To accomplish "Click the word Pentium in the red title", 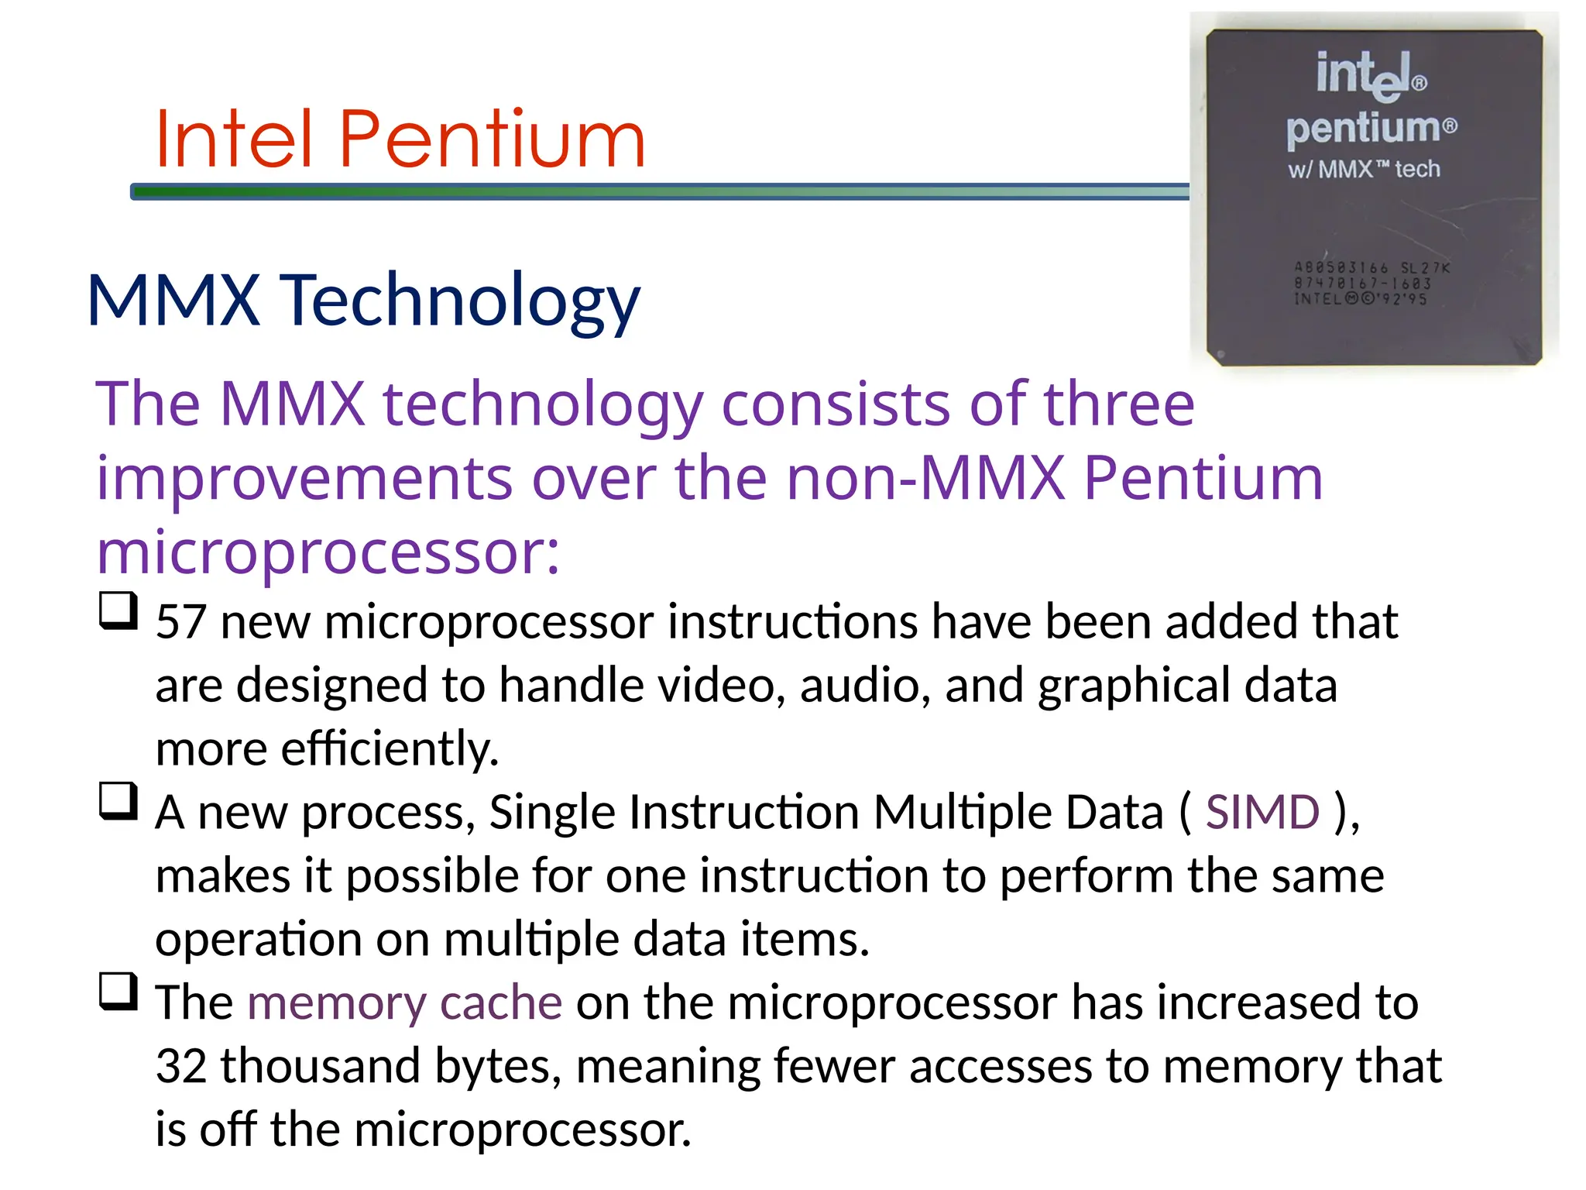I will [x=492, y=139].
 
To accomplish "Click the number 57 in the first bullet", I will [x=181, y=622].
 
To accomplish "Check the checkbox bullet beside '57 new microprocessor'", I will [x=118, y=610].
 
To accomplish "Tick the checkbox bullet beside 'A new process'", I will [x=118, y=801].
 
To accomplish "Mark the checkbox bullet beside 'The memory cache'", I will [x=118, y=992].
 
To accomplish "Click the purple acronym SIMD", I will [x=1262, y=813].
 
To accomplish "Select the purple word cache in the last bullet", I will [x=500, y=1003].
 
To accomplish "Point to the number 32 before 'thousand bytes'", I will [x=181, y=1067].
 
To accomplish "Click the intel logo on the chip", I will [x=1371, y=76].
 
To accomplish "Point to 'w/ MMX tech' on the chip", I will [x=1364, y=169].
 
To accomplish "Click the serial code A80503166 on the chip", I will [x=1341, y=268].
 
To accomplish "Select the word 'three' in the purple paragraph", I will [x=1118, y=404].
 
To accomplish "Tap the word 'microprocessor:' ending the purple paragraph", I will [x=328, y=553].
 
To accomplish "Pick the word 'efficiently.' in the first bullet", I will [x=390, y=749].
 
